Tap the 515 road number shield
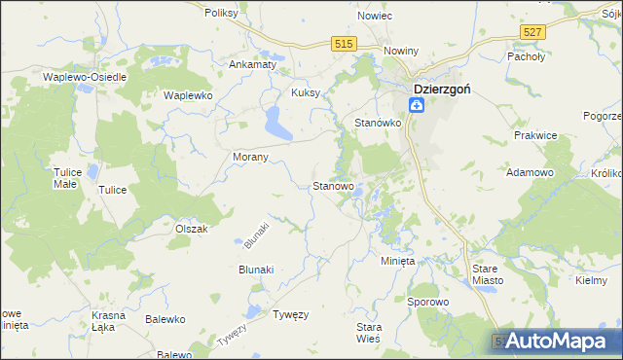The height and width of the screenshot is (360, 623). [x=343, y=44]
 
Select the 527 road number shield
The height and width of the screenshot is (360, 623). [x=531, y=33]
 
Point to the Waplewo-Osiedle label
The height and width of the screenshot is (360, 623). [x=80, y=76]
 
